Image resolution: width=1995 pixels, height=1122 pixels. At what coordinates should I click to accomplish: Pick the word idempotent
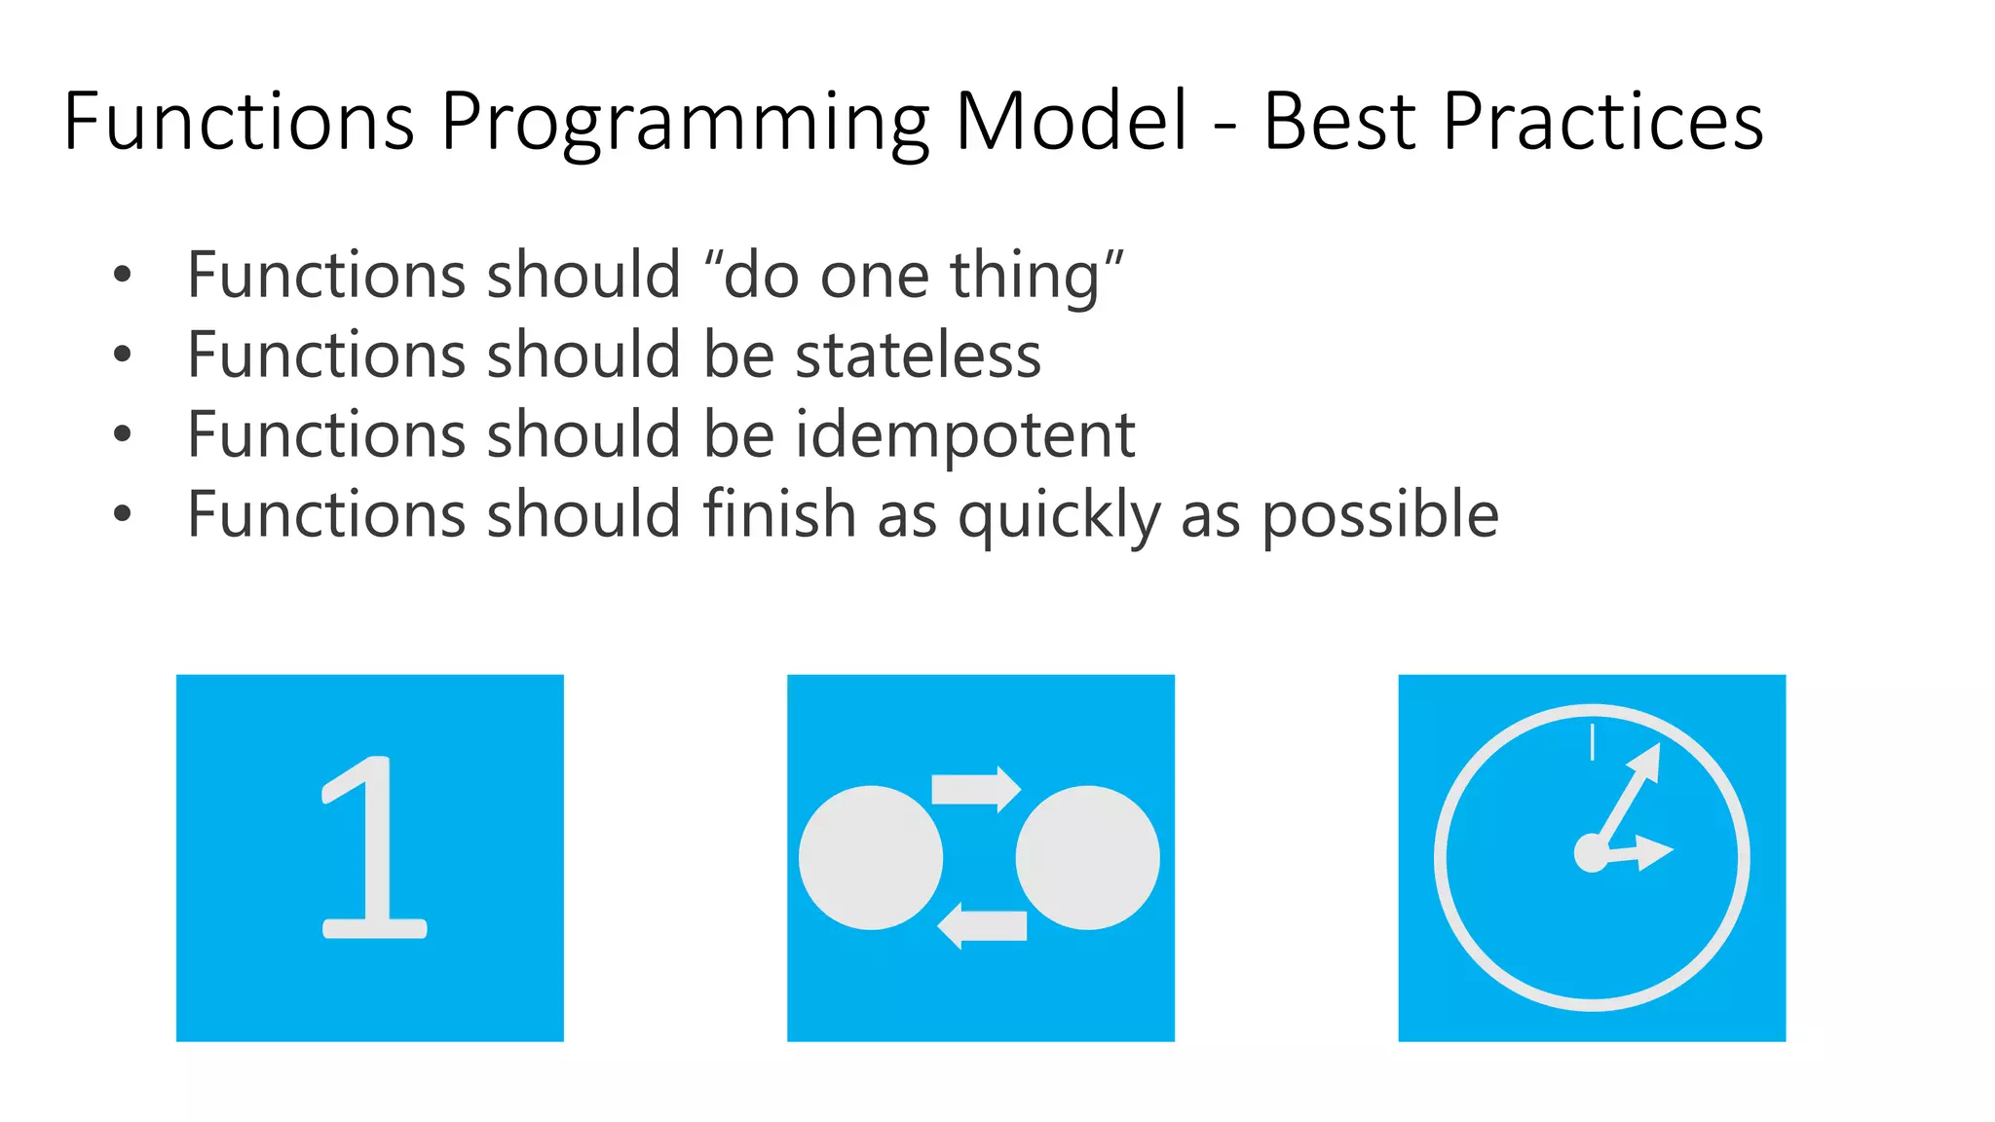coord(965,435)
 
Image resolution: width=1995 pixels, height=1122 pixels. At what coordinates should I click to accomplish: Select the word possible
coord(1380,516)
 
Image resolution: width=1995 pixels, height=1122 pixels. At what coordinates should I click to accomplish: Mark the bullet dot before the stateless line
coord(122,355)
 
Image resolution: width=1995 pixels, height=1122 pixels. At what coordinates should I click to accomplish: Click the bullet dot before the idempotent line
coord(122,434)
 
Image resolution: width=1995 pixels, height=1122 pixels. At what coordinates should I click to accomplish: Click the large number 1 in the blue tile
coord(371,847)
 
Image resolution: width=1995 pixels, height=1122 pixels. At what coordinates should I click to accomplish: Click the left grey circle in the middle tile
coord(871,858)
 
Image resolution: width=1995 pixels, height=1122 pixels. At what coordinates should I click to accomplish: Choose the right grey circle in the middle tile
coord(1088,858)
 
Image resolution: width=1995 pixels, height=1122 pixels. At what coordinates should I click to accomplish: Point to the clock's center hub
coord(1592,853)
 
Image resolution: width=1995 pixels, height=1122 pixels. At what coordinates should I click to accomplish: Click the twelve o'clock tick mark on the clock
coord(1592,742)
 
